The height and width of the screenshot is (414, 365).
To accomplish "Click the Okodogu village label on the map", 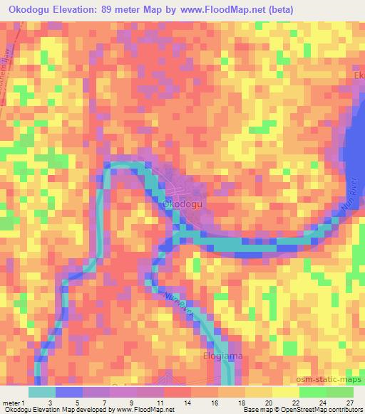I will (x=185, y=204).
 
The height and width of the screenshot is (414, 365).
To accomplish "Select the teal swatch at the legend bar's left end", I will (x=42, y=392).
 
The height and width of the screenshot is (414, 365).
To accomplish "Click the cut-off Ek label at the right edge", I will (x=359, y=75).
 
